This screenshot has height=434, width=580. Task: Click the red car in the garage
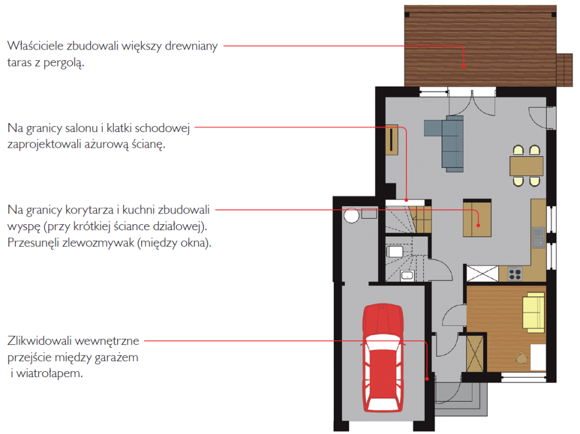pyautogui.click(x=383, y=358)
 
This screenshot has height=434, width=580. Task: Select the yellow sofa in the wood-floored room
pyautogui.click(x=533, y=310)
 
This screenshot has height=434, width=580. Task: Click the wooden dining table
pyautogui.click(x=526, y=166)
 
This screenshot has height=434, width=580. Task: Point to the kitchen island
pyautogui.click(x=477, y=218)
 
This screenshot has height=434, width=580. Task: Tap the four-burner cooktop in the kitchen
pyautogui.click(x=515, y=274)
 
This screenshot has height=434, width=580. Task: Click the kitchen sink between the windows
pyautogui.click(x=539, y=237)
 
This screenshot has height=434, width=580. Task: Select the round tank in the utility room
pyautogui.click(x=351, y=215)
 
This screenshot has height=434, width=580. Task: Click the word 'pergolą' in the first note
pyautogui.click(x=63, y=63)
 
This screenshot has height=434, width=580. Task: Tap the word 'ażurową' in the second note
pyautogui.click(x=107, y=144)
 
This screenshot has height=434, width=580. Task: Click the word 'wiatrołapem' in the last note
pyautogui.click(x=50, y=374)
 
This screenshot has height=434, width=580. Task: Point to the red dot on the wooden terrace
pyautogui.click(x=463, y=66)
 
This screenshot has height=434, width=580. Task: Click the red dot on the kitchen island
pyautogui.click(x=478, y=225)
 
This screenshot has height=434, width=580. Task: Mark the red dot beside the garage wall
pyautogui.click(x=427, y=379)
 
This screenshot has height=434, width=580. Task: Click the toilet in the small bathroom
pyautogui.click(x=395, y=252)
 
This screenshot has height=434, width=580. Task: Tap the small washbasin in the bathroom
pyautogui.click(x=407, y=276)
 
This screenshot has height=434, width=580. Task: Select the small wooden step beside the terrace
pyautogui.click(x=564, y=70)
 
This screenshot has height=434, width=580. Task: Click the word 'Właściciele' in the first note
pyautogui.click(x=35, y=46)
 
